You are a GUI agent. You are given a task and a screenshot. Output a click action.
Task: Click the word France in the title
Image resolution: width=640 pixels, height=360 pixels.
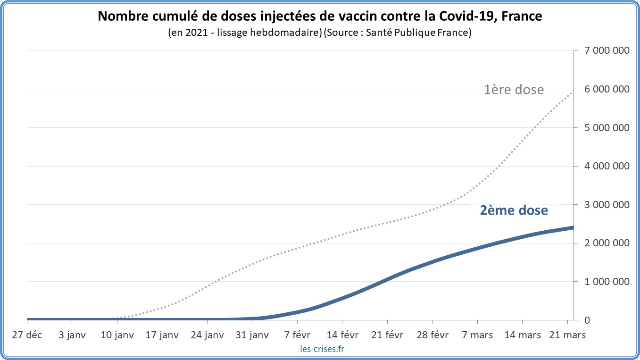[521, 17]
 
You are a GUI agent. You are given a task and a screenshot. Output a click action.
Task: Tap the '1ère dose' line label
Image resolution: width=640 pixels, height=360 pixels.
[514, 89]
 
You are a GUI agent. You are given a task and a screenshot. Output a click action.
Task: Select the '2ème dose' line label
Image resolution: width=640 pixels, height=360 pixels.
[514, 210]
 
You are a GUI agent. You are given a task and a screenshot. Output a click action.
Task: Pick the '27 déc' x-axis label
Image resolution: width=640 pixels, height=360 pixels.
[27, 335]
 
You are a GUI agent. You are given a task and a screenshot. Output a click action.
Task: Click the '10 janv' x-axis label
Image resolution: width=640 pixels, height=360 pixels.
[117, 335]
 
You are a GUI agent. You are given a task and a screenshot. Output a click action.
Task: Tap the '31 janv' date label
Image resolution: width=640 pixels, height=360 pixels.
[252, 335]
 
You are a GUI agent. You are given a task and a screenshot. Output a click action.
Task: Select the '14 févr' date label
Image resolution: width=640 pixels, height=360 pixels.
[342, 335]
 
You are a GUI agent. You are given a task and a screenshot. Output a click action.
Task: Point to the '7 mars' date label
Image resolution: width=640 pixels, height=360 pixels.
[477, 335]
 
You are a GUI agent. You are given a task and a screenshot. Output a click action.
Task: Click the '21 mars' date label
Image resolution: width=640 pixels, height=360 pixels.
[567, 335]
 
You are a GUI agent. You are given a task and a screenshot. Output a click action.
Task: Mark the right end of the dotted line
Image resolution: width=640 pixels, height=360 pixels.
[573, 90]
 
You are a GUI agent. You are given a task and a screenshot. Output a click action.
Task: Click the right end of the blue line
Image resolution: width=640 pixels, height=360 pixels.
[573, 228]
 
